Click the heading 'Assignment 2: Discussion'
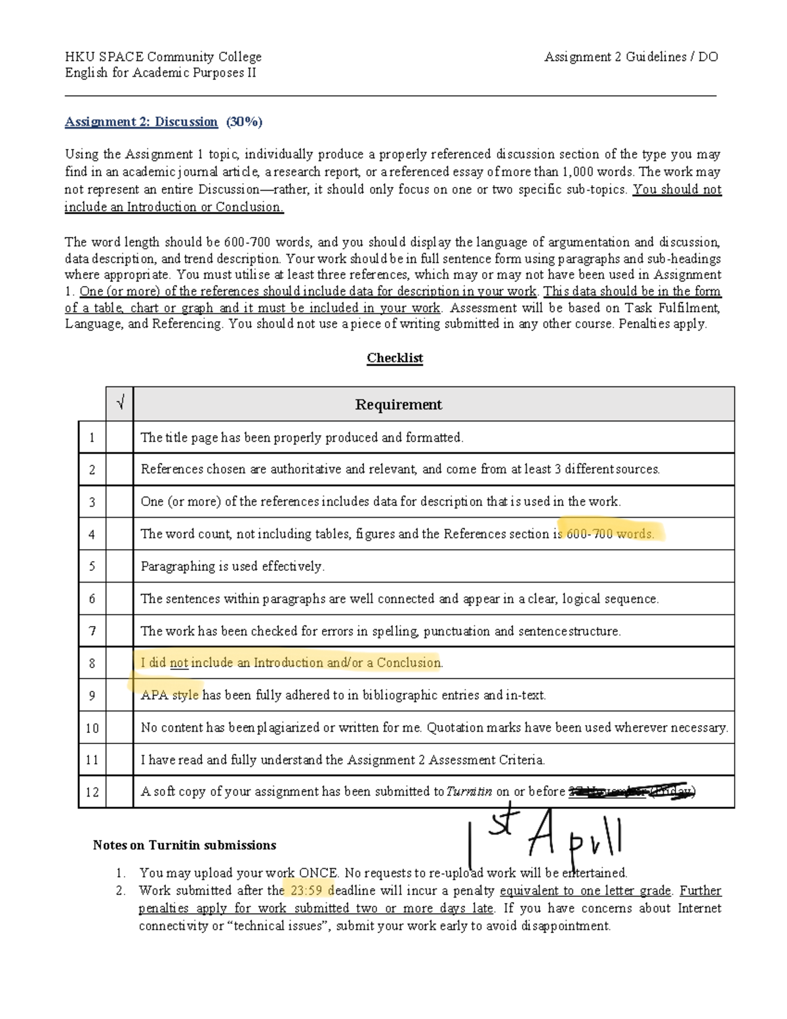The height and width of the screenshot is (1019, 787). (x=141, y=121)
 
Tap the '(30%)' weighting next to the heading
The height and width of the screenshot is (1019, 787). (x=244, y=121)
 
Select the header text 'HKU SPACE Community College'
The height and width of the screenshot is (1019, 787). (x=163, y=57)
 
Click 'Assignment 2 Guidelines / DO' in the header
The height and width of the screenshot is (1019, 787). (x=631, y=57)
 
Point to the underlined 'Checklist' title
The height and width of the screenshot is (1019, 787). (x=395, y=358)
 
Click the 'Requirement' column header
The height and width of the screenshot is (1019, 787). (x=398, y=404)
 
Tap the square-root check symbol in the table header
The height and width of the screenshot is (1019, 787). (x=119, y=404)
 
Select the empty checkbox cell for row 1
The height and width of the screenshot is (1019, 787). (x=119, y=438)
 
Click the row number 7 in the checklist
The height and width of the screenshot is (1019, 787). (x=92, y=631)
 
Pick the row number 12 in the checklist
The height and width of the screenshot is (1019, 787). (x=92, y=792)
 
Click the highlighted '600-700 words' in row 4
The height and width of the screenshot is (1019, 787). (x=610, y=534)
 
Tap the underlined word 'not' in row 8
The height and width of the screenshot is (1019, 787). (x=179, y=663)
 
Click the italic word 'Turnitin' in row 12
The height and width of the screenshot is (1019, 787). (x=469, y=792)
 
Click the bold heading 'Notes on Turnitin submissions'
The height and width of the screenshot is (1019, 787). (x=184, y=845)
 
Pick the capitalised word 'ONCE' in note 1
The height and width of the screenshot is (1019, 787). (x=319, y=873)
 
